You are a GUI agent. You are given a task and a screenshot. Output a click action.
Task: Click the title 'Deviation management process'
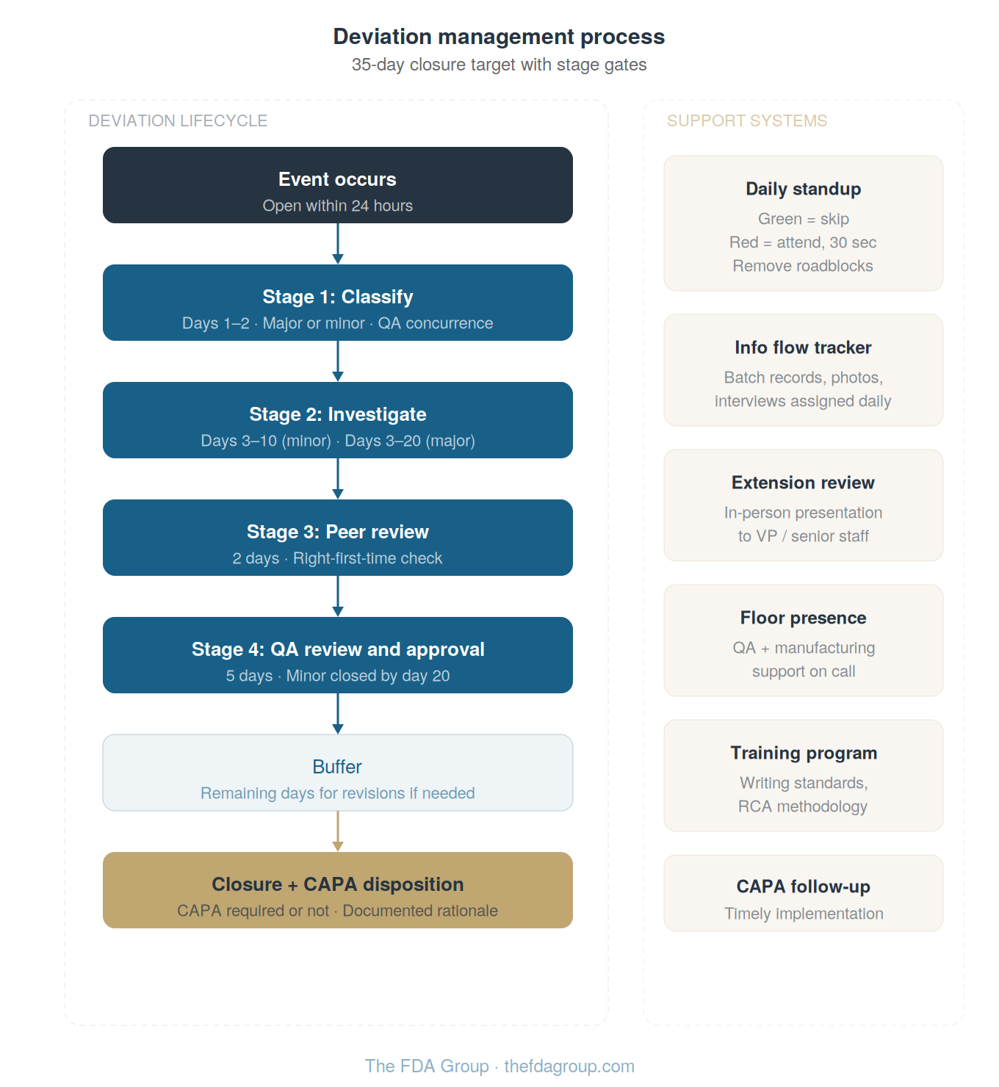499,37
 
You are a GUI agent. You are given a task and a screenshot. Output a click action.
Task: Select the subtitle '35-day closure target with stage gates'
499,65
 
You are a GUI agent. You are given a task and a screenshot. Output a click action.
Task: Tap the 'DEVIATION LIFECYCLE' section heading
178,121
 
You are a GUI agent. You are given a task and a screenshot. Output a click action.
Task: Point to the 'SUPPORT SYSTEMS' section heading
746,121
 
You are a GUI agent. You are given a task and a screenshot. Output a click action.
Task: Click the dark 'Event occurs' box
337,185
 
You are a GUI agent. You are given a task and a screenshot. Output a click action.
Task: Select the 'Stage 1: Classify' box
337,303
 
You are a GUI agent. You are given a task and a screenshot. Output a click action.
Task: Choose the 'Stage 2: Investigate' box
337,420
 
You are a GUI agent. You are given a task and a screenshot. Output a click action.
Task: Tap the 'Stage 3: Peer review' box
337,538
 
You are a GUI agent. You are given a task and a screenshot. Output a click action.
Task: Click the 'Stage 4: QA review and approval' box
337,655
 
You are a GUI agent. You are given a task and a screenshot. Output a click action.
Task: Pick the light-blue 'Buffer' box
337,773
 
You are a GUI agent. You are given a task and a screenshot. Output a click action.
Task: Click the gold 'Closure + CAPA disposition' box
337,890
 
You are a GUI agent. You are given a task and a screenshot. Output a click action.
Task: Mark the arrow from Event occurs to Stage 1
338,243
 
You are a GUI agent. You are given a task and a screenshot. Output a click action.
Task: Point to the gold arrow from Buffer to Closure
338,831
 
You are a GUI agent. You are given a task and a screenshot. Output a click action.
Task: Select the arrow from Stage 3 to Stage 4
338,596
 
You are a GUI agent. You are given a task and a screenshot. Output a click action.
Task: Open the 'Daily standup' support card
803,223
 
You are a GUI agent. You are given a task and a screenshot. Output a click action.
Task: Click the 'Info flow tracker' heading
803,347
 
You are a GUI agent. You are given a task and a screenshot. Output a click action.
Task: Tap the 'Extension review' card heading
803,483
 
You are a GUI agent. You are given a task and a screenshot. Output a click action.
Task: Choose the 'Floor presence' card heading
803,618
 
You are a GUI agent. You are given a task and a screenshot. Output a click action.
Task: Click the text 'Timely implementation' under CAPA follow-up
804,914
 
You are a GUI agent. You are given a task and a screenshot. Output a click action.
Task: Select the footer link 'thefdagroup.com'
569,1066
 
